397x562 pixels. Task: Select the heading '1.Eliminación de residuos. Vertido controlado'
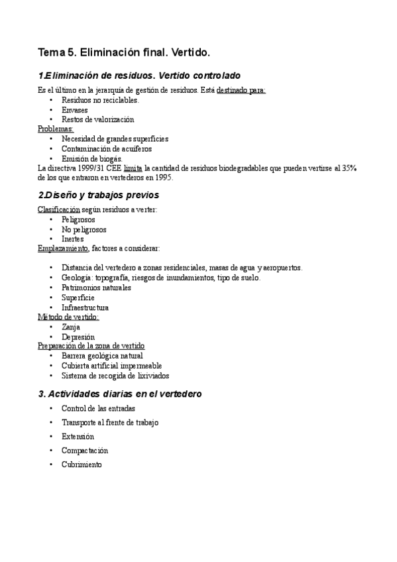(x=139, y=76)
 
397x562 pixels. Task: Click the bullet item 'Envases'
(x=75, y=110)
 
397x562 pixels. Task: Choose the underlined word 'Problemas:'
(x=56, y=129)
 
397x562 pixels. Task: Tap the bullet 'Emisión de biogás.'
(x=92, y=159)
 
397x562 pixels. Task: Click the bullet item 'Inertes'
(x=73, y=239)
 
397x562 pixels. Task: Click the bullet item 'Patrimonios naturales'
(x=96, y=288)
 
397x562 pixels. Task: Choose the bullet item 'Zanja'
(x=71, y=327)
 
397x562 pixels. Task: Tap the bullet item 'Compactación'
(x=85, y=451)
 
